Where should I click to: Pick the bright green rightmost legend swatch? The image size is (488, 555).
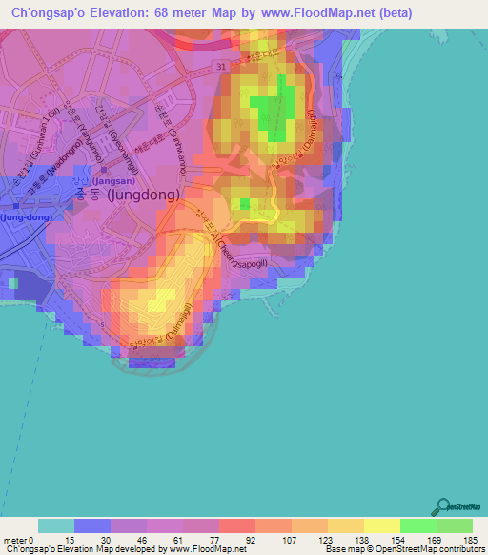tap(454, 525)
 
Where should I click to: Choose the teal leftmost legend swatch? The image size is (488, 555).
tap(55, 525)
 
